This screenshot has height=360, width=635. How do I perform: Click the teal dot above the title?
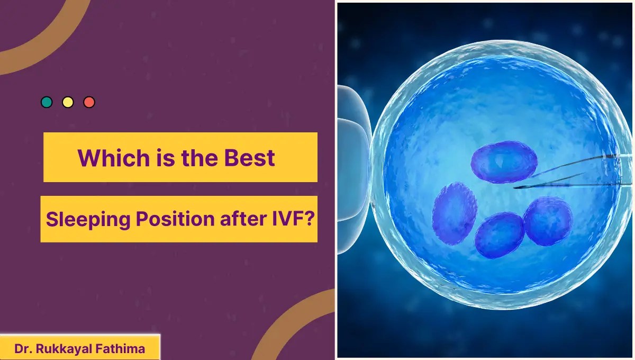coord(47,102)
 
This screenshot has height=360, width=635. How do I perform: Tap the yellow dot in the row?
coord(68,102)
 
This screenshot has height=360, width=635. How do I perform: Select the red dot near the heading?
coord(89,102)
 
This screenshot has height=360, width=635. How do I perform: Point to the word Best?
coord(250,158)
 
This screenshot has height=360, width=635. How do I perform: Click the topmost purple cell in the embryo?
coord(503,162)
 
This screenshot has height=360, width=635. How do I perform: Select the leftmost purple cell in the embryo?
coord(455,213)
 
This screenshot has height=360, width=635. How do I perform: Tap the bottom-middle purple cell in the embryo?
coord(499,235)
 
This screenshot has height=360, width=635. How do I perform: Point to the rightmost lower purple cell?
coord(548,221)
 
